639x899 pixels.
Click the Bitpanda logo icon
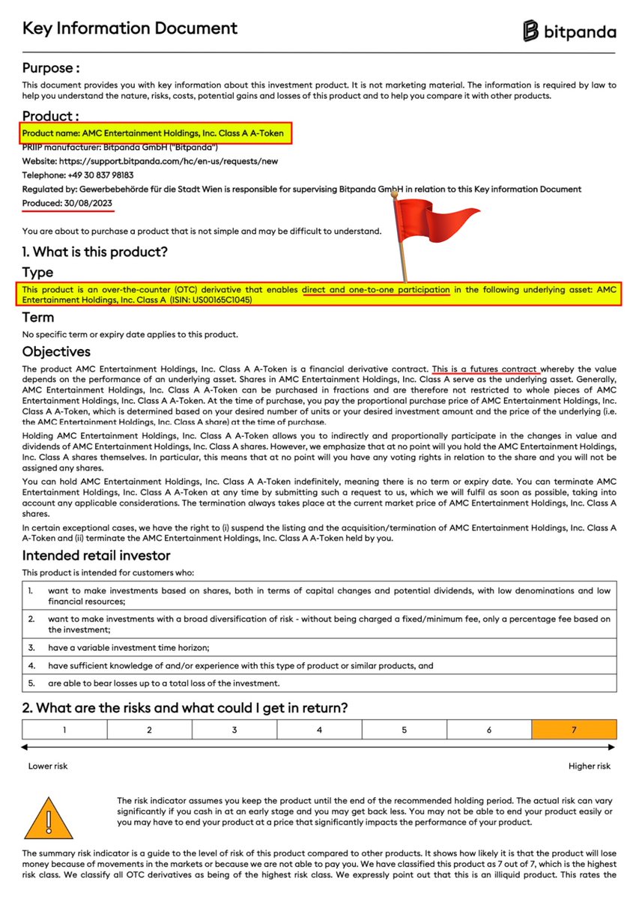(531, 31)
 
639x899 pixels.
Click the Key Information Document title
(130, 28)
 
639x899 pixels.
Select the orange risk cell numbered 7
(574, 729)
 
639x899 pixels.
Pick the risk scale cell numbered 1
(64, 729)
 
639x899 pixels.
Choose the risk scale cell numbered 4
(319, 729)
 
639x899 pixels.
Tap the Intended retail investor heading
(96, 555)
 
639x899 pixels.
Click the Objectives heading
(56, 351)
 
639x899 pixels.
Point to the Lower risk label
(47, 766)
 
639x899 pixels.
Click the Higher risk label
(590, 766)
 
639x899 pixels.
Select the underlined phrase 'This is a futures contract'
(485, 369)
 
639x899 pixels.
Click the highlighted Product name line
(153, 133)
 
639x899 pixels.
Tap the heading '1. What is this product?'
(95, 252)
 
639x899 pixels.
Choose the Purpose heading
(50, 68)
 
